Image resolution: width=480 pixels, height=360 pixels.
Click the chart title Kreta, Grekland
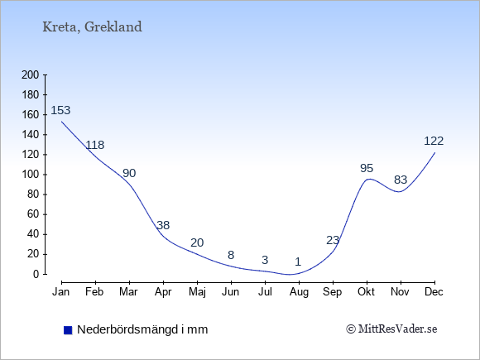(x=92, y=27)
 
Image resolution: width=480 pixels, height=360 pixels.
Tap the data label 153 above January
(x=60, y=110)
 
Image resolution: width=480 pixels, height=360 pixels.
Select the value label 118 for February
(x=95, y=145)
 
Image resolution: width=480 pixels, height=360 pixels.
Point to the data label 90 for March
(x=129, y=173)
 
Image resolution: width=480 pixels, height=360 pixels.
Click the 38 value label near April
(x=163, y=225)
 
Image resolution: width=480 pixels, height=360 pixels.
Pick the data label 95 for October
(x=367, y=168)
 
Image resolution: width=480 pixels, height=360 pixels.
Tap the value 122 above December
(x=434, y=141)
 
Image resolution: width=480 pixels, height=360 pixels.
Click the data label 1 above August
(x=298, y=262)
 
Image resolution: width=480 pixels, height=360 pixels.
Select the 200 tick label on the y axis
(x=31, y=74)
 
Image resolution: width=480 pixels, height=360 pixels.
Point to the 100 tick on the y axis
(x=31, y=175)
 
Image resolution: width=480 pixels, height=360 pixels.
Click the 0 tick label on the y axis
(x=36, y=274)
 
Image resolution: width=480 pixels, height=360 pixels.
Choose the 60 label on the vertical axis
(x=33, y=214)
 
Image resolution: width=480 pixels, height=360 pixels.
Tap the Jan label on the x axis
(x=61, y=292)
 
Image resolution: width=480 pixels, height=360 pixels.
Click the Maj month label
(x=197, y=292)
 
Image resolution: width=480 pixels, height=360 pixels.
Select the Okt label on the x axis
(x=366, y=292)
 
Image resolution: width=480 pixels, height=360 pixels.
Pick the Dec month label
(x=434, y=292)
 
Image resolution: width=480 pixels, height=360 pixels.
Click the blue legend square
(x=68, y=330)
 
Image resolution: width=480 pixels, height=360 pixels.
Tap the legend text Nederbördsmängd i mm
(x=142, y=329)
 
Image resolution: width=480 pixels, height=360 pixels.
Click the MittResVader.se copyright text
(x=391, y=329)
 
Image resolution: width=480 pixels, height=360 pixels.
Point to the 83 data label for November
(x=401, y=180)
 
